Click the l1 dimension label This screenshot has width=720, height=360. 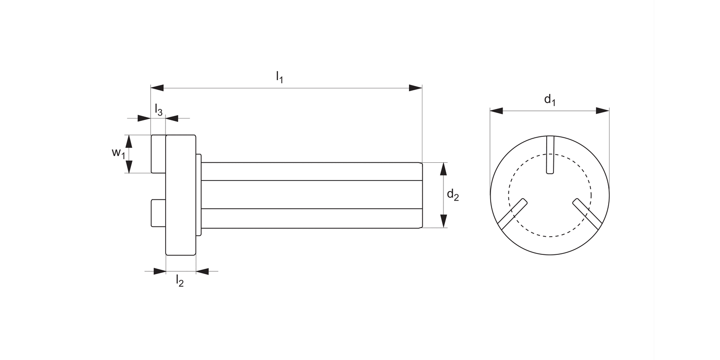coord(279,77)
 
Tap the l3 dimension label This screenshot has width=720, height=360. coord(158,110)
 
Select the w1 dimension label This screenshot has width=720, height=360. coord(118,154)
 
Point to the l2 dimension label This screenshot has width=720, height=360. coord(180,281)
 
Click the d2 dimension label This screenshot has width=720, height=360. coord(453,195)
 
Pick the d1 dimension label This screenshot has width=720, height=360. coord(550,100)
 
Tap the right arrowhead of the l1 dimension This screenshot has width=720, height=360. coord(415,88)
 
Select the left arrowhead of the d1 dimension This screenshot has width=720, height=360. coord(496,111)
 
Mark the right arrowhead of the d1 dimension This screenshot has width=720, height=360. coord(602,111)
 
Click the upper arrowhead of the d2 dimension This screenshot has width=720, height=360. coord(444,169)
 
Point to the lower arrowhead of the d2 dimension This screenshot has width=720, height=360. coord(444,221)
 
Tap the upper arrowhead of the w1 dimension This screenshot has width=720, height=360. coord(129,141)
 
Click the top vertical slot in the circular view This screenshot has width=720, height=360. coord(550,155)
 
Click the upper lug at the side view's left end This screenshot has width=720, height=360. coord(158,154)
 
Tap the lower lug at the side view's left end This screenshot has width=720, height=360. coord(158,213)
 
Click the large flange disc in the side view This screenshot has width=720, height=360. coord(180,195)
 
